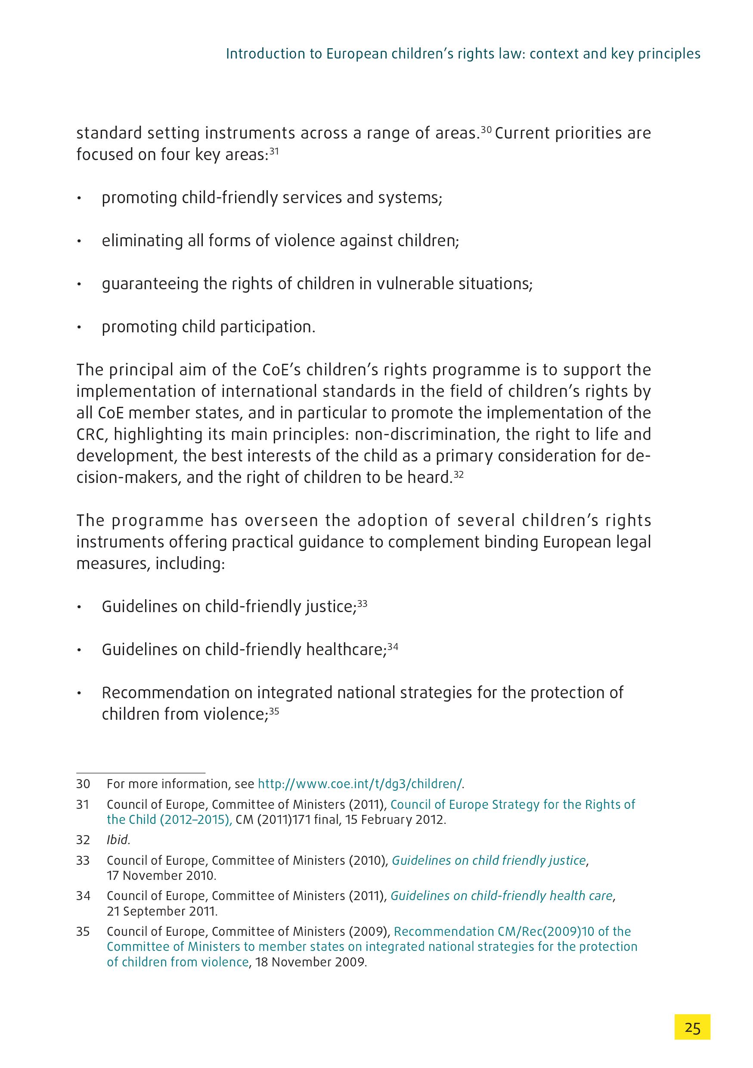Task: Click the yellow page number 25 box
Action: [692, 1027]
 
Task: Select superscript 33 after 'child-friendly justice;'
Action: [363, 602]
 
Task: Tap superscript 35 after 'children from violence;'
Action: [274, 710]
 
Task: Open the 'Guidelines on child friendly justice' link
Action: [488, 861]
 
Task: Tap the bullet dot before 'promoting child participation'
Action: [80, 328]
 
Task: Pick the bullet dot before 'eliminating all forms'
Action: [80, 241]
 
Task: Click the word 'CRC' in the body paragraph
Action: [92, 434]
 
